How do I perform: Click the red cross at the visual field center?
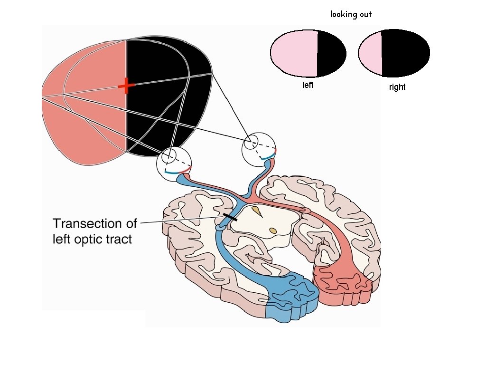pyautogui.click(x=126, y=86)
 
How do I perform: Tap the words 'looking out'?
pyautogui.click(x=351, y=14)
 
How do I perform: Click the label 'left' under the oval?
pyautogui.click(x=308, y=86)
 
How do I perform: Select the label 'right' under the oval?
pyautogui.click(x=397, y=87)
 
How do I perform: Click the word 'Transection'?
pyautogui.click(x=94, y=223)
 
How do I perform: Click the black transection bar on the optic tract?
pyautogui.click(x=230, y=217)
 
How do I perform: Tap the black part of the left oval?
pyautogui.click(x=331, y=53)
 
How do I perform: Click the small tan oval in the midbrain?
pyautogui.click(x=273, y=231)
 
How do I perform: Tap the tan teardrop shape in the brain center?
pyautogui.click(x=257, y=211)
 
